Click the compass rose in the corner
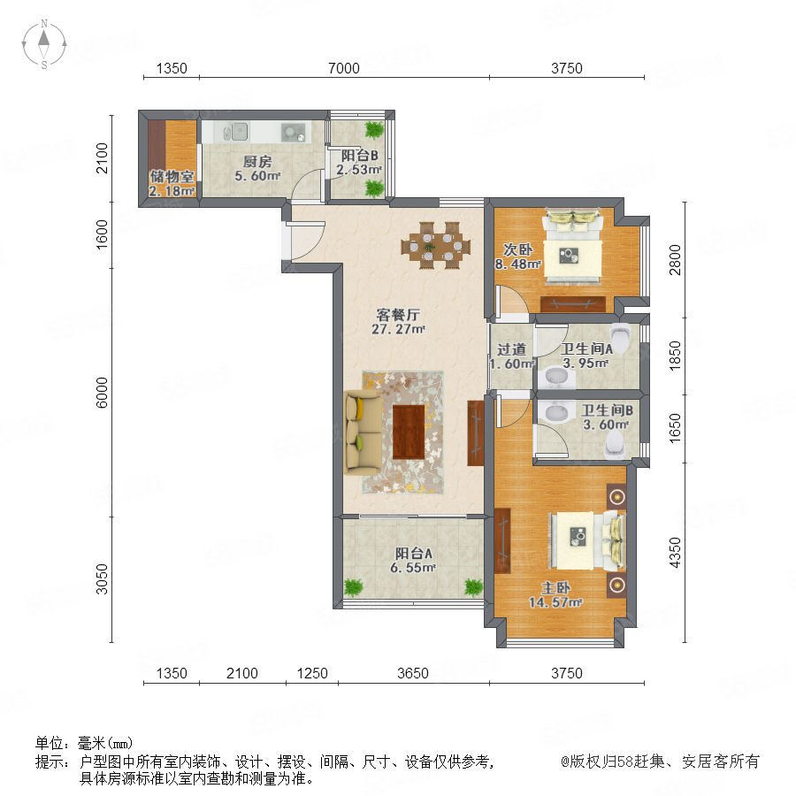pyautogui.click(x=44, y=43)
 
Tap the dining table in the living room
pyautogui.click(x=435, y=245)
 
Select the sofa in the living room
pyautogui.click(x=362, y=432)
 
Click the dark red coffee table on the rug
pyautogui.click(x=409, y=432)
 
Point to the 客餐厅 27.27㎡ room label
pyautogui.click(x=398, y=321)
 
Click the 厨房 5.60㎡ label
pyautogui.click(x=257, y=169)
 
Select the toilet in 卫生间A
pyautogui.click(x=620, y=335)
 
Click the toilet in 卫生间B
pyautogui.click(x=616, y=447)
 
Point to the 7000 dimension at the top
pyautogui.click(x=344, y=68)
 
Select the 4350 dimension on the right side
pyautogui.click(x=675, y=552)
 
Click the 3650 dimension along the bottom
pyautogui.click(x=413, y=673)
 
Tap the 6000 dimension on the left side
pyautogui.click(x=102, y=392)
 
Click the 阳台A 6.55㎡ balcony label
pyautogui.click(x=413, y=561)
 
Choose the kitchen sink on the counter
pyautogui.click(x=236, y=132)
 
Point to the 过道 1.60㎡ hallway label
pyautogui.click(x=511, y=356)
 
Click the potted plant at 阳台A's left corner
pyautogui.click(x=353, y=587)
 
